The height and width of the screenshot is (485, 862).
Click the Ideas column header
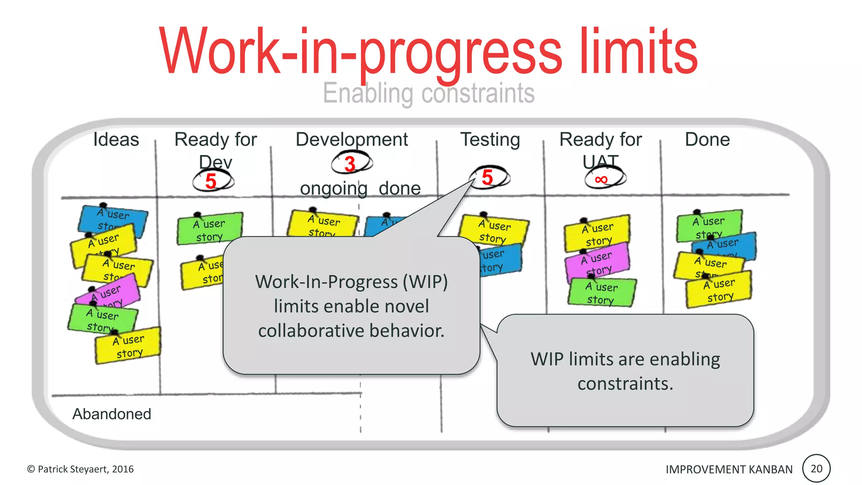116,140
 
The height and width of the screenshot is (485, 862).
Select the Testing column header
490,140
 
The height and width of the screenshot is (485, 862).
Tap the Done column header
707,140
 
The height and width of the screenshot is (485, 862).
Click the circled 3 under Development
350,164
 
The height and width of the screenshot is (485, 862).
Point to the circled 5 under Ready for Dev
211,181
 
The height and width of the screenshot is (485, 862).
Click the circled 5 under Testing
487,177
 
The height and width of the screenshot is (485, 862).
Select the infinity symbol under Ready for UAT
601,180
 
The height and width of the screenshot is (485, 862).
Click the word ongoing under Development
333,189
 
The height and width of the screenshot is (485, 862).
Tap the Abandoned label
112,414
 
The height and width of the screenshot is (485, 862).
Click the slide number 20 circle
816,469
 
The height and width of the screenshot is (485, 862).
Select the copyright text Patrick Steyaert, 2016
80,469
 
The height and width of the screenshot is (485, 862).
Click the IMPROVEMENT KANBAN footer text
729,469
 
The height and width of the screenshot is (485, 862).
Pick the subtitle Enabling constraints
428,93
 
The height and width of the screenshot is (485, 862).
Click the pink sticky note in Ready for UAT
598,261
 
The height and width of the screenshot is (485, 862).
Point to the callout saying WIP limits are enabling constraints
625,371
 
